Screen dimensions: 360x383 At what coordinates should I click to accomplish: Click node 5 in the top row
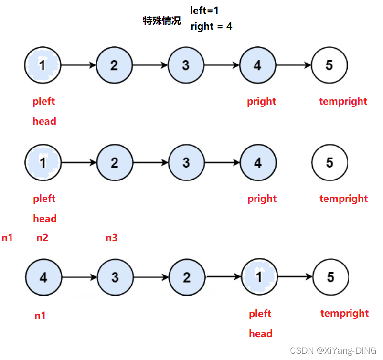click(x=329, y=65)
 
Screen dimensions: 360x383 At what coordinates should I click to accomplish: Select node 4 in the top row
click(x=257, y=65)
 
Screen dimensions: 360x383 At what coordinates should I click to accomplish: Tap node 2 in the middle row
click(x=115, y=163)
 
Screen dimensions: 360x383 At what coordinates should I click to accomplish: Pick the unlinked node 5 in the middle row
click(x=330, y=163)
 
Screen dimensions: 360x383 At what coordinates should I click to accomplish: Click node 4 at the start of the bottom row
click(x=43, y=277)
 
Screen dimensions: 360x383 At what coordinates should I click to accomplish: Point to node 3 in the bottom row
click(x=115, y=277)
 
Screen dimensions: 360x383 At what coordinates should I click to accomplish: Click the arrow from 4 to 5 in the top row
click(x=294, y=65)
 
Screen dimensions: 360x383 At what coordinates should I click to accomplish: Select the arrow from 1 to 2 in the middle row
click(x=79, y=163)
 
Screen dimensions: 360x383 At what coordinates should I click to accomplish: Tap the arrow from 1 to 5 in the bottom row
click(x=295, y=277)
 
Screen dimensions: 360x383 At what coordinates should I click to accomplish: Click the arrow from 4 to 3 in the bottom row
click(x=79, y=277)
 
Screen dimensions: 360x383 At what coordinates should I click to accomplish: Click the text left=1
click(x=204, y=11)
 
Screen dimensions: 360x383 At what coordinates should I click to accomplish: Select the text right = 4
click(x=211, y=26)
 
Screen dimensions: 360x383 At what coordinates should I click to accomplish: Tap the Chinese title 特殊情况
click(x=162, y=21)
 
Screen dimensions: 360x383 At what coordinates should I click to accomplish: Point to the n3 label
click(x=111, y=237)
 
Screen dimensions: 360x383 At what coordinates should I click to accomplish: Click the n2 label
click(x=42, y=237)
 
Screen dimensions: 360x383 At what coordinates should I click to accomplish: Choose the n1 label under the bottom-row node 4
click(x=40, y=315)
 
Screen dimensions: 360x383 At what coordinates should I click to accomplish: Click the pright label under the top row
click(x=261, y=101)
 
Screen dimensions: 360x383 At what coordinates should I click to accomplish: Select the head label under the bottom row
click(x=261, y=334)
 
